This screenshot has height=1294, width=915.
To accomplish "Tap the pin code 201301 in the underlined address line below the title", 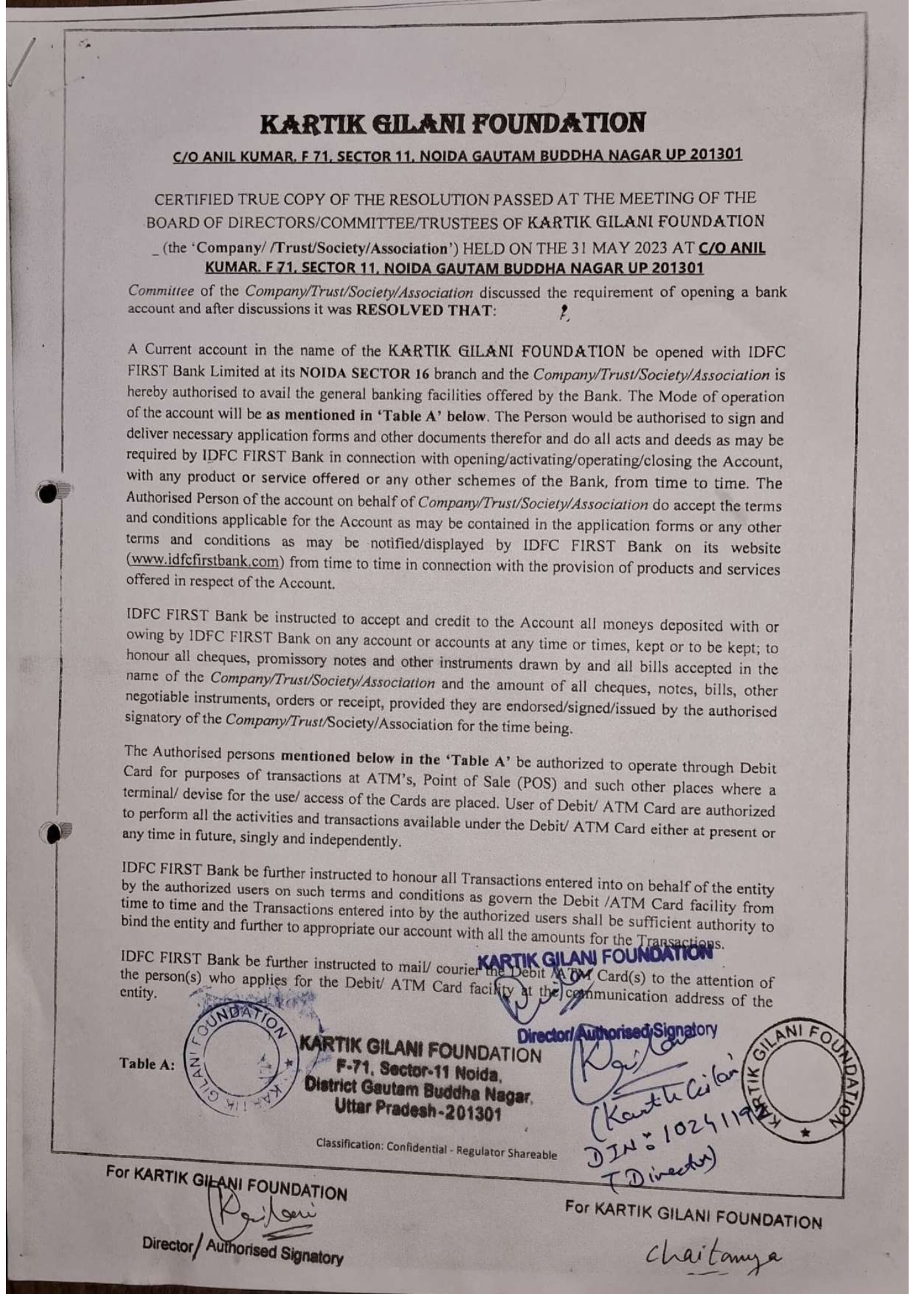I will tap(715, 155).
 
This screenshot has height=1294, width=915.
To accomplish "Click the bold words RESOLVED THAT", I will tap(426, 310).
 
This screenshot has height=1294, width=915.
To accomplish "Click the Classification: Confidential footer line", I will tap(436, 1150).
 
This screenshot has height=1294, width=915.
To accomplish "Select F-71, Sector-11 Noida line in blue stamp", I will tap(421, 1075).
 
